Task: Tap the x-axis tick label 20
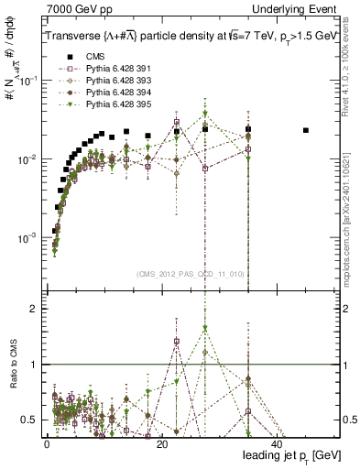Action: (161, 442)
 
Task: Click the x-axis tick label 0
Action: (47, 442)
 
